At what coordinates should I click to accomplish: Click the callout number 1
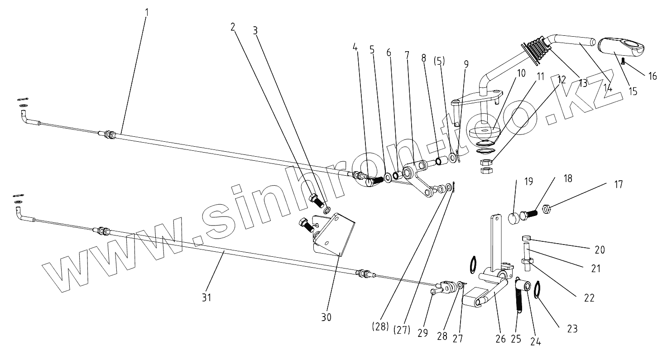(x=147, y=10)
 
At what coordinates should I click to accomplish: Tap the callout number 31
(x=206, y=297)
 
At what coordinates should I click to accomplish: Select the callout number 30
(x=326, y=317)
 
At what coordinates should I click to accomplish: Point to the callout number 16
(x=653, y=76)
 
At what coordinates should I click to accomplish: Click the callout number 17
(x=619, y=184)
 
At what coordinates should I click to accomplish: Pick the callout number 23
(x=572, y=329)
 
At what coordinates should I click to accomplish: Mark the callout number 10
(x=522, y=73)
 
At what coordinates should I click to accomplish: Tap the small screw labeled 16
(x=624, y=61)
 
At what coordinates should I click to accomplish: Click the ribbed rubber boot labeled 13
(x=537, y=49)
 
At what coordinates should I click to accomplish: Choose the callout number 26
(x=500, y=339)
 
